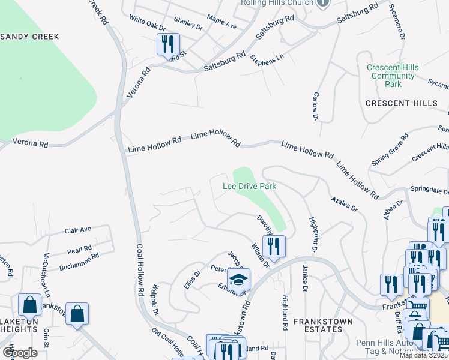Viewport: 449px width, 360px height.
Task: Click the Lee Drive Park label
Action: click(x=249, y=186)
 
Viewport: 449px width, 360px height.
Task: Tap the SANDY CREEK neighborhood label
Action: click(x=29, y=37)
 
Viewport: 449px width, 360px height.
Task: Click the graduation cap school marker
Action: click(x=238, y=279)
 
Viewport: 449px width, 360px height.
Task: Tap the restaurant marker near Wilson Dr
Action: click(x=273, y=246)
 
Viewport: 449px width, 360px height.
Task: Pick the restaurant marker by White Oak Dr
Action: click(x=167, y=44)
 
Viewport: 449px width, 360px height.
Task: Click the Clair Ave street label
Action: click(x=78, y=230)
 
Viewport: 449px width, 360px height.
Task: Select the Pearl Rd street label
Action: click(x=79, y=248)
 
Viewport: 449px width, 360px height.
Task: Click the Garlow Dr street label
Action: click(x=315, y=106)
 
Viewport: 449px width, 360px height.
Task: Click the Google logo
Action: click(x=19, y=353)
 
